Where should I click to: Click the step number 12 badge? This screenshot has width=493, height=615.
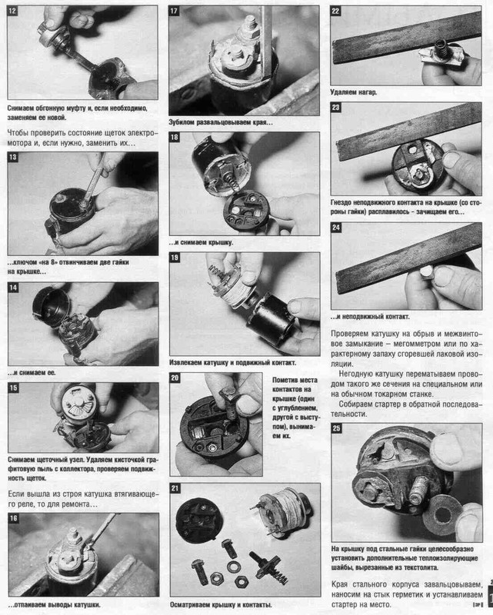click(x=12, y=11)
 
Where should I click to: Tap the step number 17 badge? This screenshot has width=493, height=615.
click(x=174, y=11)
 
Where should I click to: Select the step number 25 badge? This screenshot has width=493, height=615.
click(x=336, y=428)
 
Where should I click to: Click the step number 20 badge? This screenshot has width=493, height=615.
click(x=175, y=377)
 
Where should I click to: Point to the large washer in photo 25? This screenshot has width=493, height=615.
click(x=443, y=514)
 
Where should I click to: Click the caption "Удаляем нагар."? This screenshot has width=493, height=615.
click(x=353, y=92)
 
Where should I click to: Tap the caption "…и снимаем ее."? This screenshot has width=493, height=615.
click(x=32, y=373)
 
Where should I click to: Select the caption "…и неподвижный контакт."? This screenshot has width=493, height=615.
click(x=370, y=317)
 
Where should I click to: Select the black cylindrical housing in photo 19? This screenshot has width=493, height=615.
click(x=271, y=319)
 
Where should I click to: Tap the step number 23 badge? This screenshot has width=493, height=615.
click(x=335, y=108)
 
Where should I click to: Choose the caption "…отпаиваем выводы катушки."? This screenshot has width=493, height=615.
click(x=54, y=605)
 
